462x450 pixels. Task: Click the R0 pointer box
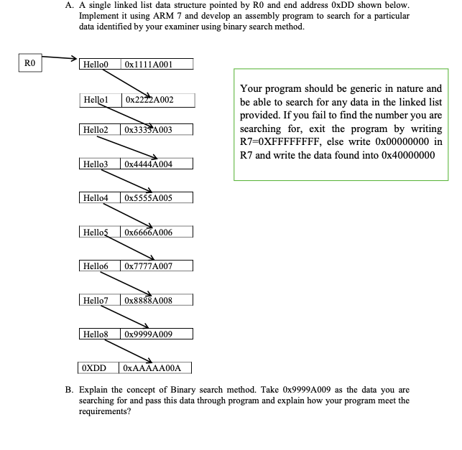click(x=29, y=64)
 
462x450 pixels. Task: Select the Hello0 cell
click(x=98, y=64)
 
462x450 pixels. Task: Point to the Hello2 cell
click(x=98, y=130)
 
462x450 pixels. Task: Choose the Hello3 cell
click(x=98, y=164)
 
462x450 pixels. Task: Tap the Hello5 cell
click(x=98, y=231)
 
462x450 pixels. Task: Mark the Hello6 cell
click(x=98, y=266)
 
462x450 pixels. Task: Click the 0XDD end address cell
click(x=96, y=368)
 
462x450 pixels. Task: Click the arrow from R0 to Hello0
click(x=59, y=58)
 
